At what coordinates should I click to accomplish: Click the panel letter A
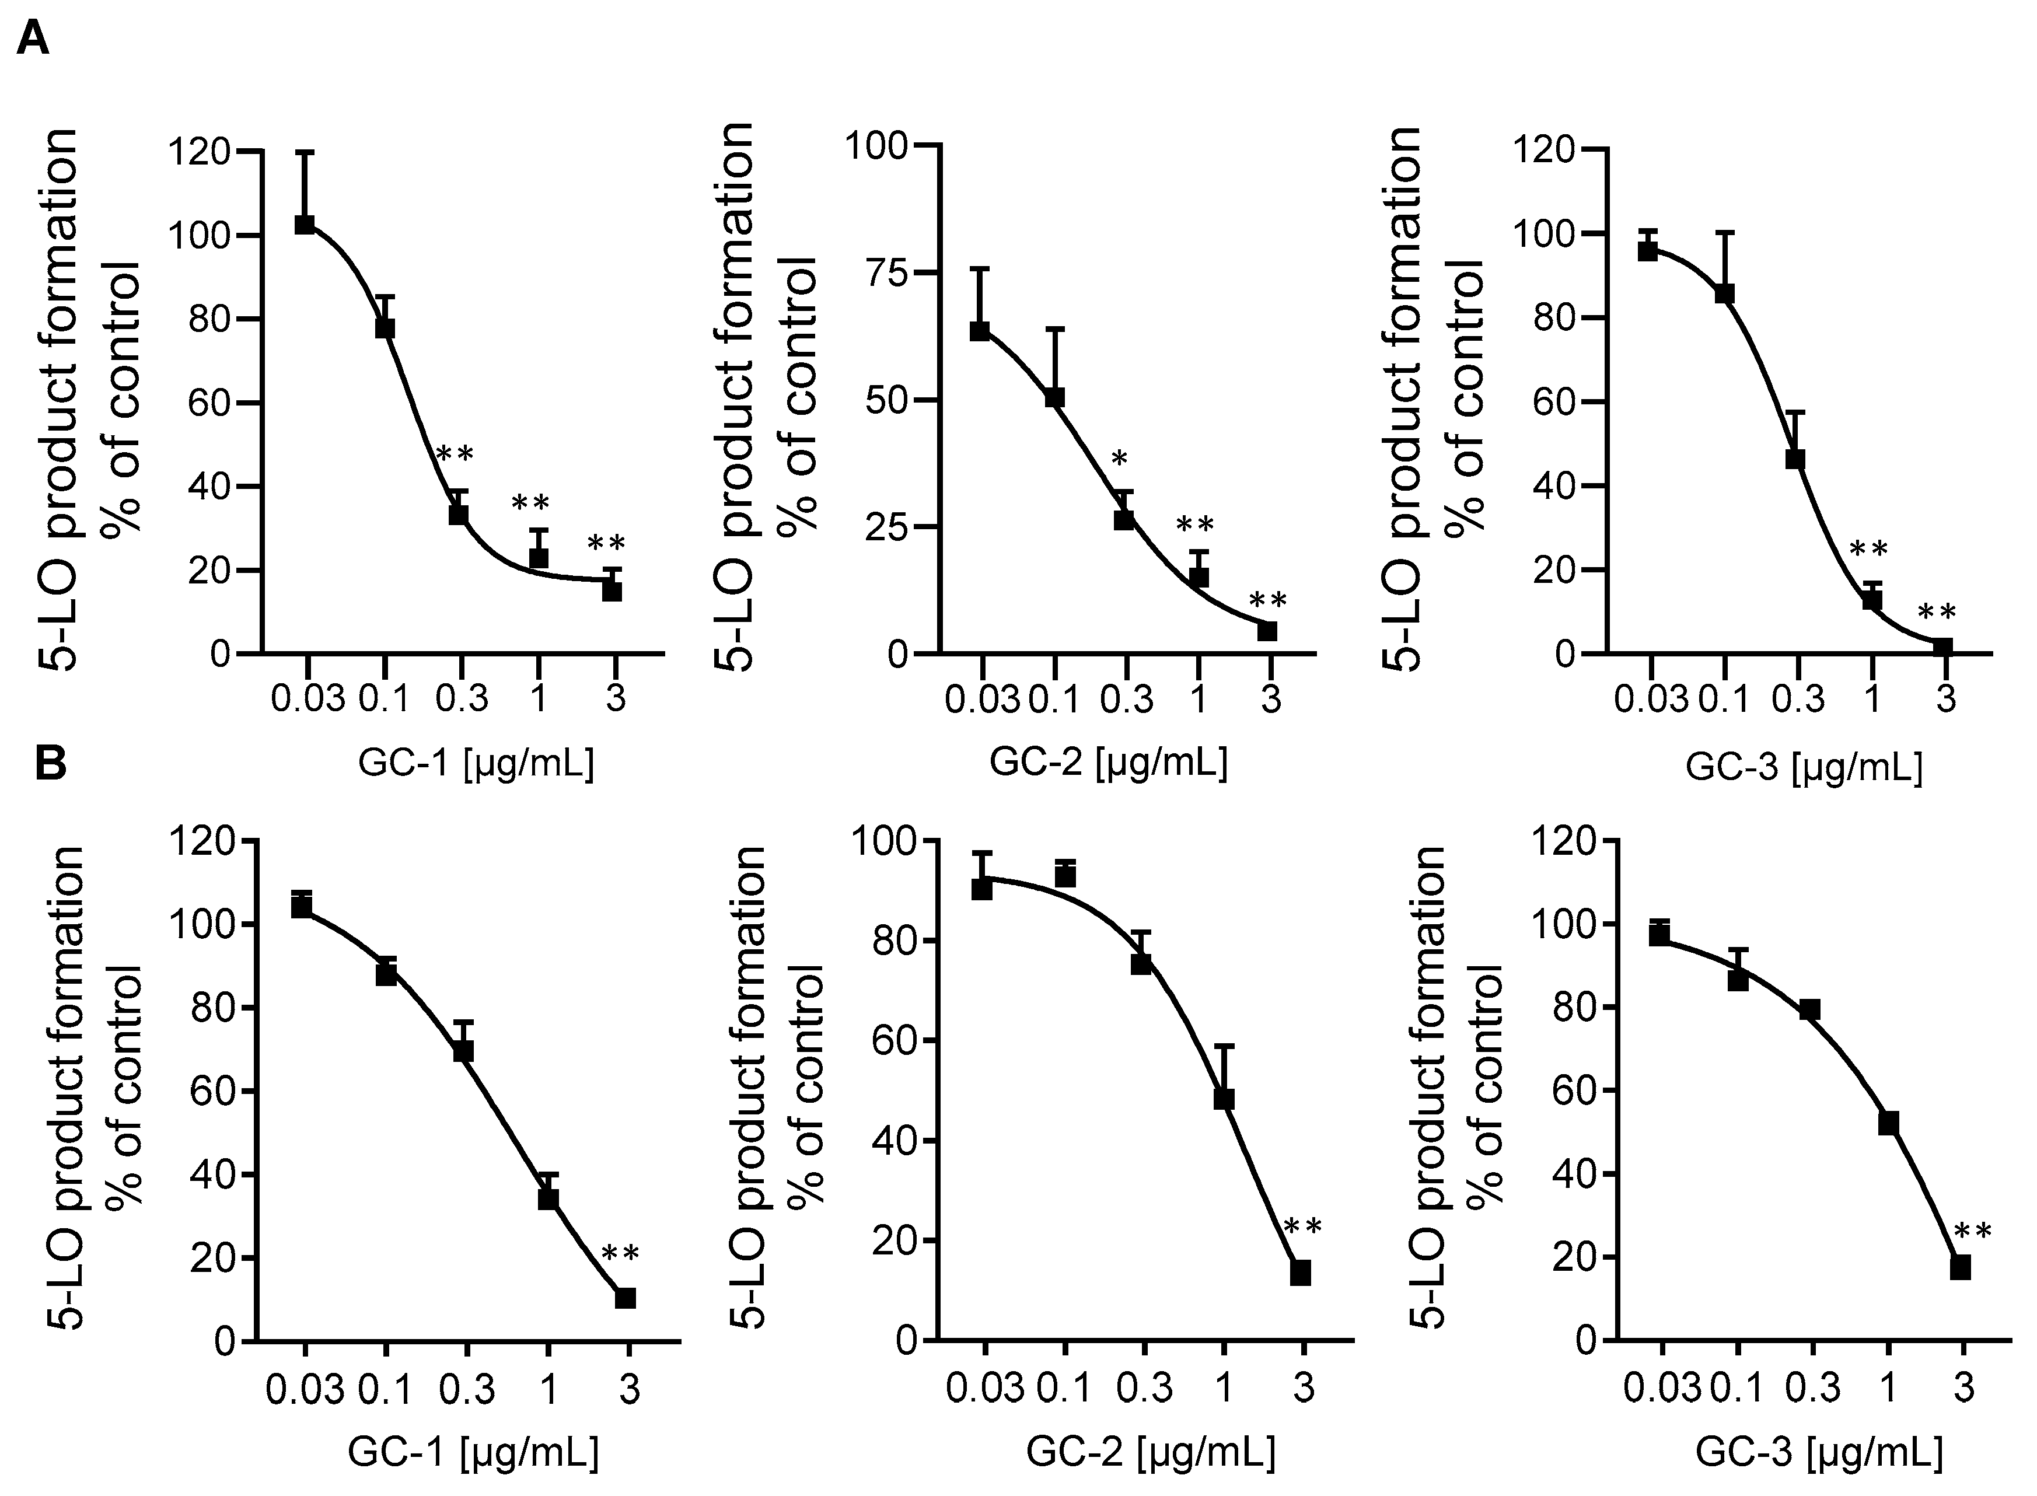point(33,39)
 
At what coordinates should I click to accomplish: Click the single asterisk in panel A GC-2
point(1120,460)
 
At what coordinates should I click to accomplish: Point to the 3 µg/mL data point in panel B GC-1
point(625,1298)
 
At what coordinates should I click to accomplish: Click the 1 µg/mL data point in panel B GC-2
point(1224,1099)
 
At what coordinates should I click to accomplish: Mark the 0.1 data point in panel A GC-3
point(1724,293)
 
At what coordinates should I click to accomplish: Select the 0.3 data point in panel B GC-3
point(1809,1010)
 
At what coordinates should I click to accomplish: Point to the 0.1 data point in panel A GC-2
point(1054,397)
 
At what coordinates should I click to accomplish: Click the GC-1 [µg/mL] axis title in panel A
point(476,765)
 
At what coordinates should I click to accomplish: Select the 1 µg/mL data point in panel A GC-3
point(1872,599)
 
